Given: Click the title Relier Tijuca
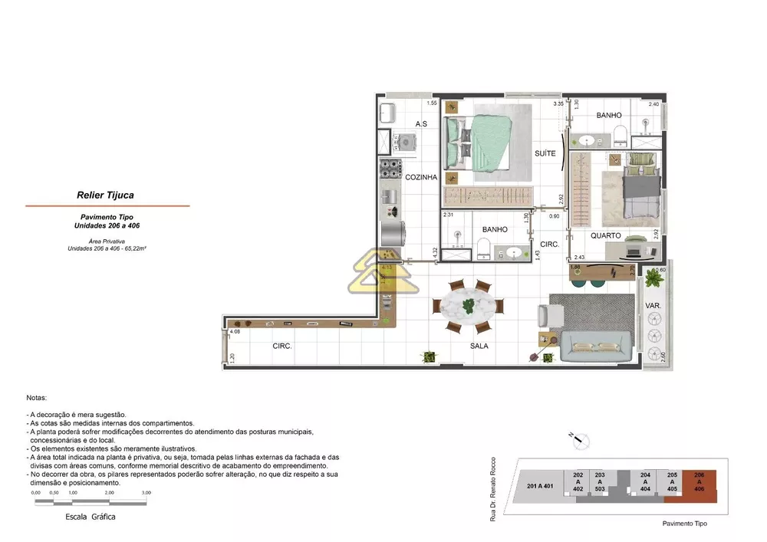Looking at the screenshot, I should click(106, 195).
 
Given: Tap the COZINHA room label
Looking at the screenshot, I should click(421, 177).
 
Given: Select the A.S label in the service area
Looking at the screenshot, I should click(421, 123).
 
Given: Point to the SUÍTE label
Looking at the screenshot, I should click(545, 154).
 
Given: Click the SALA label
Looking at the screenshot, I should click(480, 346).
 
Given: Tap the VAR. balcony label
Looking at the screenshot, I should click(653, 305).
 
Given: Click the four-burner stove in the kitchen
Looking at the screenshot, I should click(390, 168).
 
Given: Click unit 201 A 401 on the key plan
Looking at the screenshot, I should click(542, 486).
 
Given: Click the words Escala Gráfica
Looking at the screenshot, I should click(91, 517).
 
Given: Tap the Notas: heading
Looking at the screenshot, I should click(37, 399).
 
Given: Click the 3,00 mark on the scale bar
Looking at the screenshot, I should click(146, 493).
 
